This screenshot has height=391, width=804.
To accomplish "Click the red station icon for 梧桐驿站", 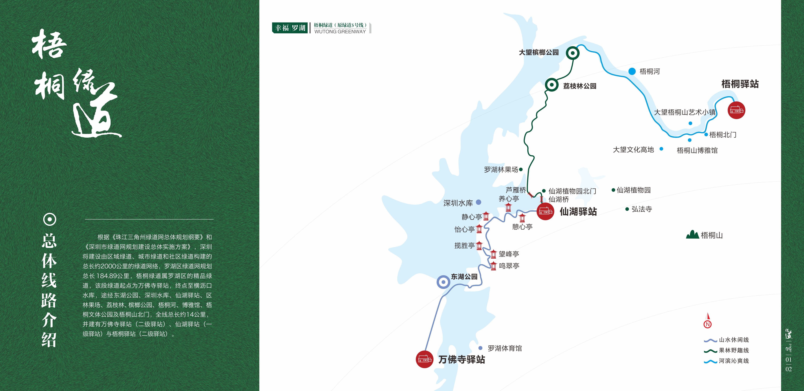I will (x=736, y=110).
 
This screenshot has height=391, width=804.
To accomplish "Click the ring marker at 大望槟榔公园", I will (x=572, y=53).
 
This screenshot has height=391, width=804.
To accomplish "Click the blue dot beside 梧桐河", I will (x=632, y=71).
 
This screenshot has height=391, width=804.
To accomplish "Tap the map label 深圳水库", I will (x=458, y=203).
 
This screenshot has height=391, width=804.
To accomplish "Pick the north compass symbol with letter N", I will (x=708, y=324).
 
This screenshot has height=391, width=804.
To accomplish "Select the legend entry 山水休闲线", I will (x=734, y=340).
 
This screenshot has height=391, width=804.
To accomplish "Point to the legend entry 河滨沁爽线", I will (x=734, y=361).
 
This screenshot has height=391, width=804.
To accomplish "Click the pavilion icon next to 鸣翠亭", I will (x=493, y=266).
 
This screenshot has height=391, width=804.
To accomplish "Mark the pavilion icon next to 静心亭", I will (x=486, y=216).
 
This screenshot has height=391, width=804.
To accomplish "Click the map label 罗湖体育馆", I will (x=505, y=348).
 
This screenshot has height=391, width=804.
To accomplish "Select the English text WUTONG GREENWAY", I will (x=340, y=31).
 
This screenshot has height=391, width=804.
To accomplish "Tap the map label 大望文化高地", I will (x=633, y=150).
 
